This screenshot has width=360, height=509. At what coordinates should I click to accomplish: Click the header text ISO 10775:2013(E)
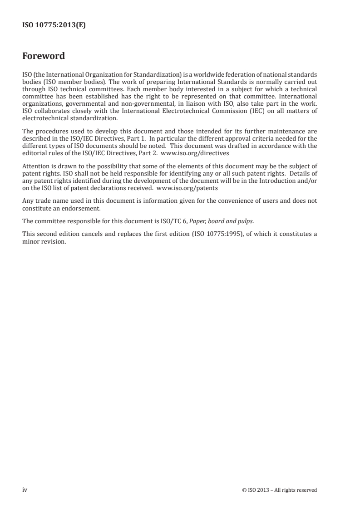54,26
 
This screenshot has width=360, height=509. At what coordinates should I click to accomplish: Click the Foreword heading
44,57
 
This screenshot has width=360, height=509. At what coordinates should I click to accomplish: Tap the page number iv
25,489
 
